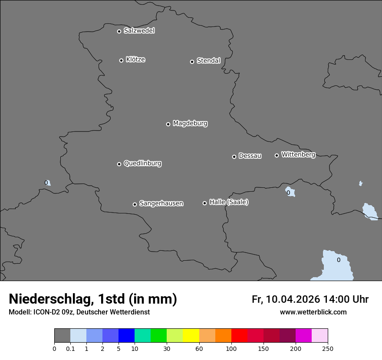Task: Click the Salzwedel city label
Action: [x=139, y=31]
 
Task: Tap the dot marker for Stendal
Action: [x=192, y=62]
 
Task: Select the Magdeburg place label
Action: [x=190, y=124]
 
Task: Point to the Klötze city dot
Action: [x=121, y=60]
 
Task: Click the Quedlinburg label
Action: [x=142, y=164]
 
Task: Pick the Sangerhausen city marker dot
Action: [x=135, y=204]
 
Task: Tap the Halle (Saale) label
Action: [x=229, y=202]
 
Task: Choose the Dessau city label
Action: [x=250, y=156]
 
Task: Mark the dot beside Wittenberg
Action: [x=277, y=155]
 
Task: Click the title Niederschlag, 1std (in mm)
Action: [x=93, y=299]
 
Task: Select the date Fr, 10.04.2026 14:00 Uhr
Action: [x=310, y=299]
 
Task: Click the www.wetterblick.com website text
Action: [x=313, y=312]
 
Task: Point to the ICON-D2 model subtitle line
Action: [x=79, y=312]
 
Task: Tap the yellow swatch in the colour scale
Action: [x=191, y=336]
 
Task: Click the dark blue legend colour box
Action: [x=126, y=336]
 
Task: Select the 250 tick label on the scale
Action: [x=328, y=348]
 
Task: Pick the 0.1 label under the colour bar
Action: [x=70, y=348]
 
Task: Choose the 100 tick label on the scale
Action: [x=231, y=348]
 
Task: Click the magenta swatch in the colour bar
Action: [x=303, y=336]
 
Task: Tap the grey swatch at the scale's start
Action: [x=62, y=336]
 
